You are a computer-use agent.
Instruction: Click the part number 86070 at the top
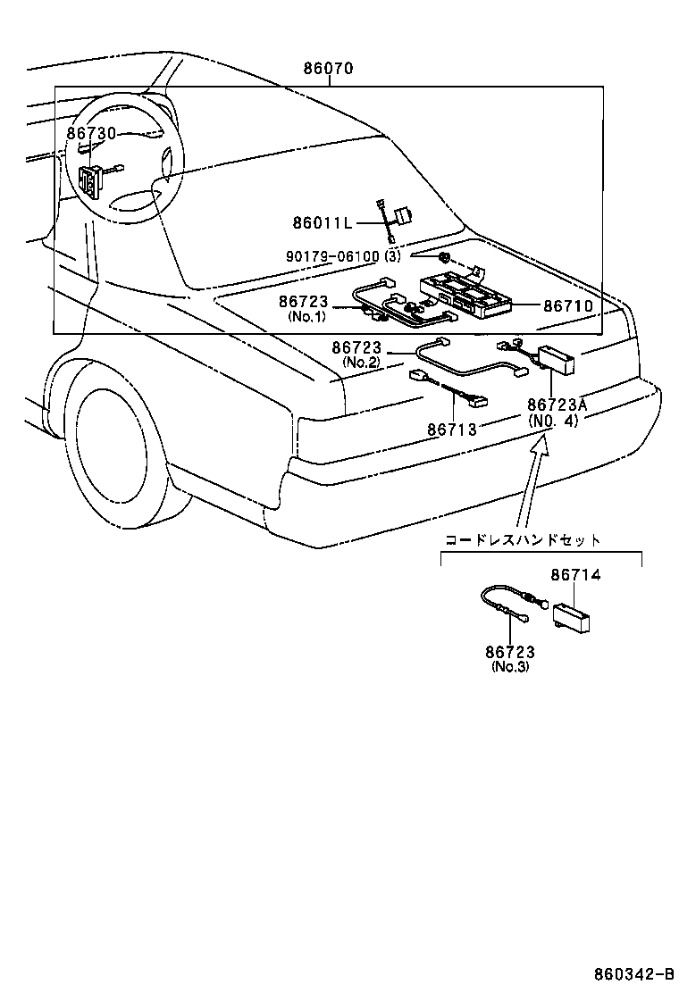pyautogui.click(x=328, y=68)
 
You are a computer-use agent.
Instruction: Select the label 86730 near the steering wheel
pyautogui.click(x=91, y=133)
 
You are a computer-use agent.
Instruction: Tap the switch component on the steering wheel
pyautogui.click(x=90, y=180)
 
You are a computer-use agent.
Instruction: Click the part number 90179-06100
pyautogui.click(x=334, y=256)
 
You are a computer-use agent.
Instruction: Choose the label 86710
pyautogui.click(x=568, y=305)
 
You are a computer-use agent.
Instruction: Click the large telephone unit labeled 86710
pyautogui.click(x=465, y=294)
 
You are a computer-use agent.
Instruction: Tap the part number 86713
pyautogui.click(x=452, y=430)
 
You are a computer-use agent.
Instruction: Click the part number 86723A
pyautogui.click(x=557, y=405)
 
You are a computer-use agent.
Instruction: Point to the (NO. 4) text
pyautogui.click(x=554, y=421)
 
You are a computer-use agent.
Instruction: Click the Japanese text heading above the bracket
pyautogui.click(x=524, y=539)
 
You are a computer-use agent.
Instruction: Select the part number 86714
pyautogui.click(x=575, y=576)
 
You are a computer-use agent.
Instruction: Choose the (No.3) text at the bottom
pyautogui.click(x=510, y=666)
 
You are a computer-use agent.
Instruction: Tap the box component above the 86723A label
pyautogui.click(x=556, y=359)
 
